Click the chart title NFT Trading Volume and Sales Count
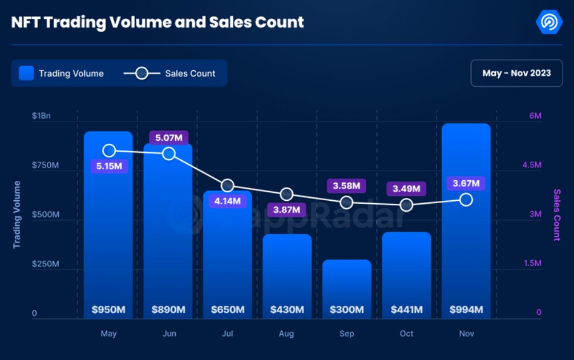157,22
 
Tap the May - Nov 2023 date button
516,73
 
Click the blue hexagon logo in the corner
549,22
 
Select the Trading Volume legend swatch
26,73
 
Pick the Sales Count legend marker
142,73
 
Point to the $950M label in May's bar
108,310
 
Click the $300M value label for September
346,310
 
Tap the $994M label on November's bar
466,310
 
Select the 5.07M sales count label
168,137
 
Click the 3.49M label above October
406,188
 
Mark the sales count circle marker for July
228,185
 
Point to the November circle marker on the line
466,200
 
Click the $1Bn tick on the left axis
41,116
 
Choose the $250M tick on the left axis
45,264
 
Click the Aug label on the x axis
287,334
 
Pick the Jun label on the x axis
169,334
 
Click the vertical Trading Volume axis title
17,214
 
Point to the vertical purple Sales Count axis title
557,215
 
